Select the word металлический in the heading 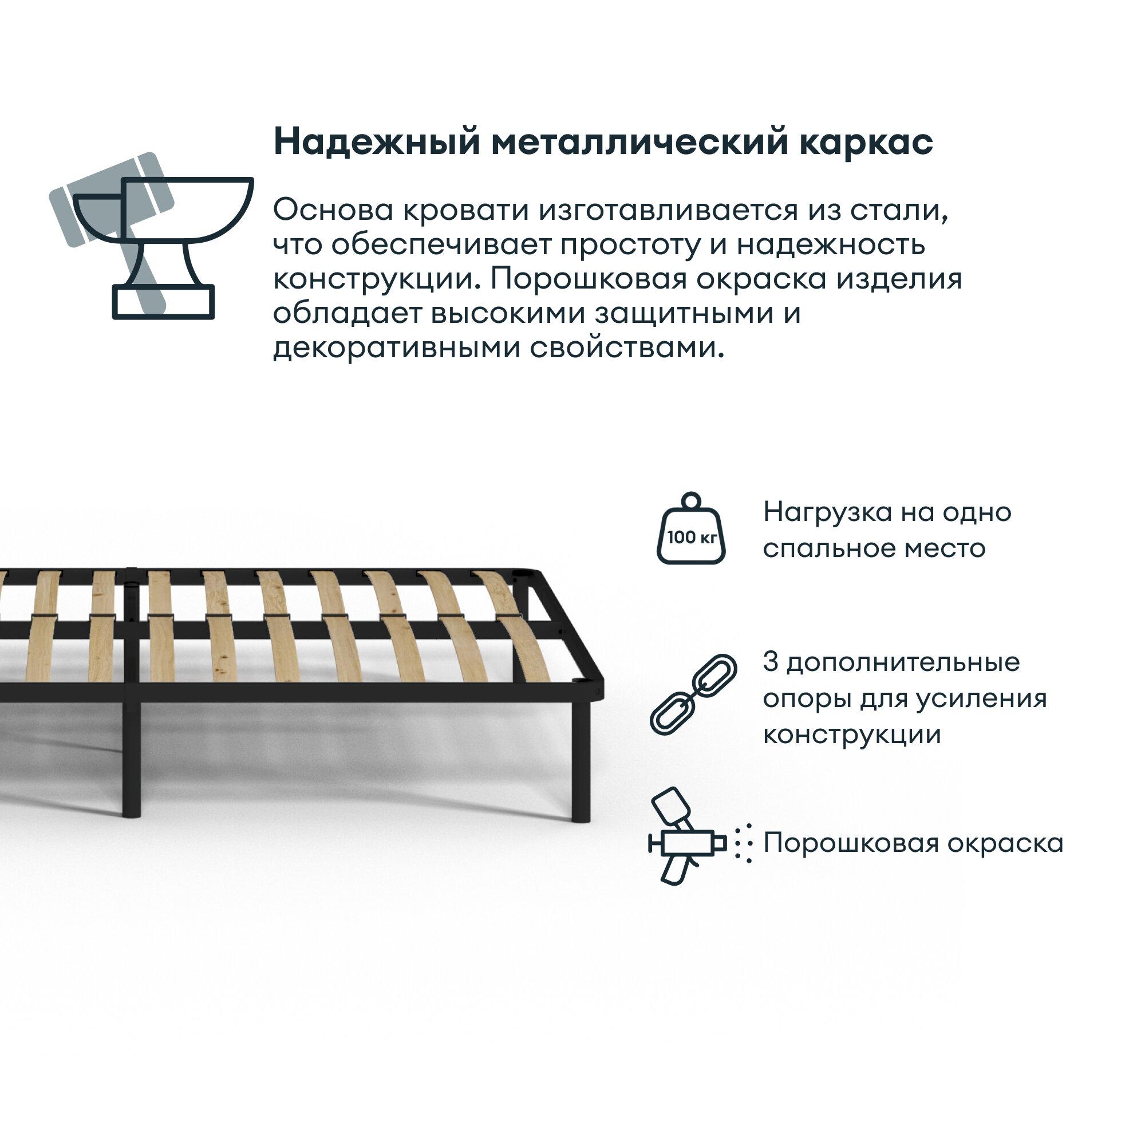(640, 142)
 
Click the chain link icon (693, 694)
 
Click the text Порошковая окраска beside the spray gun (913, 843)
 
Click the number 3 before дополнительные (770, 662)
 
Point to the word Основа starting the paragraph (333, 210)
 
